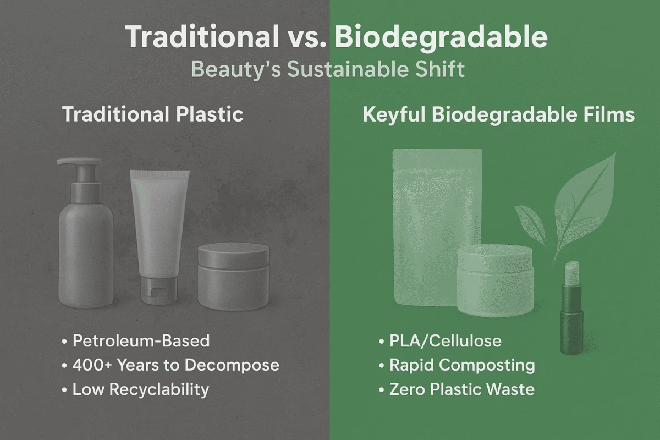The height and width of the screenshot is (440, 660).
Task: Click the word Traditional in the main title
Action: [x=201, y=37]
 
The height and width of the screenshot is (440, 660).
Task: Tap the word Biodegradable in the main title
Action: [x=441, y=37]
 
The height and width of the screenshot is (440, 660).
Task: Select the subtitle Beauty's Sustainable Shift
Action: [x=328, y=70]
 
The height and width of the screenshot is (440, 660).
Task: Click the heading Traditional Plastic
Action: [x=152, y=114]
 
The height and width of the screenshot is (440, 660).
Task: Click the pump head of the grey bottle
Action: [x=80, y=164]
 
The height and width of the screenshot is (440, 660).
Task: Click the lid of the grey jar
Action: [x=234, y=256]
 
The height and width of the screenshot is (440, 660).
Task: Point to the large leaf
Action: [x=583, y=204]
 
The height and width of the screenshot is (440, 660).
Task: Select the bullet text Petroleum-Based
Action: [x=141, y=341]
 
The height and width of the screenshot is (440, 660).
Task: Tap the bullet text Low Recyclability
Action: [x=141, y=390]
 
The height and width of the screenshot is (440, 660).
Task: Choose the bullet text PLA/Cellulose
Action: [x=445, y=341]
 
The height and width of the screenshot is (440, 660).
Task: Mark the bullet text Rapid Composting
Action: [x=461, y=365]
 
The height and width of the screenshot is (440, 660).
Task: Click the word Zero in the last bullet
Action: [x=408, y=390]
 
